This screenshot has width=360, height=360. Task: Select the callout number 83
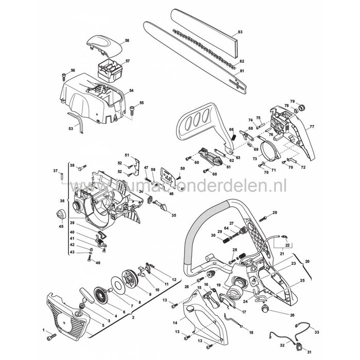pyautogui.click(x=255, y=32)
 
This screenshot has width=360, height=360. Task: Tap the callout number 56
pyautogui.click(x=73, y=70)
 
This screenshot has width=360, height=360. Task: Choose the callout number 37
pyautogui.click(x=56, y=171)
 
